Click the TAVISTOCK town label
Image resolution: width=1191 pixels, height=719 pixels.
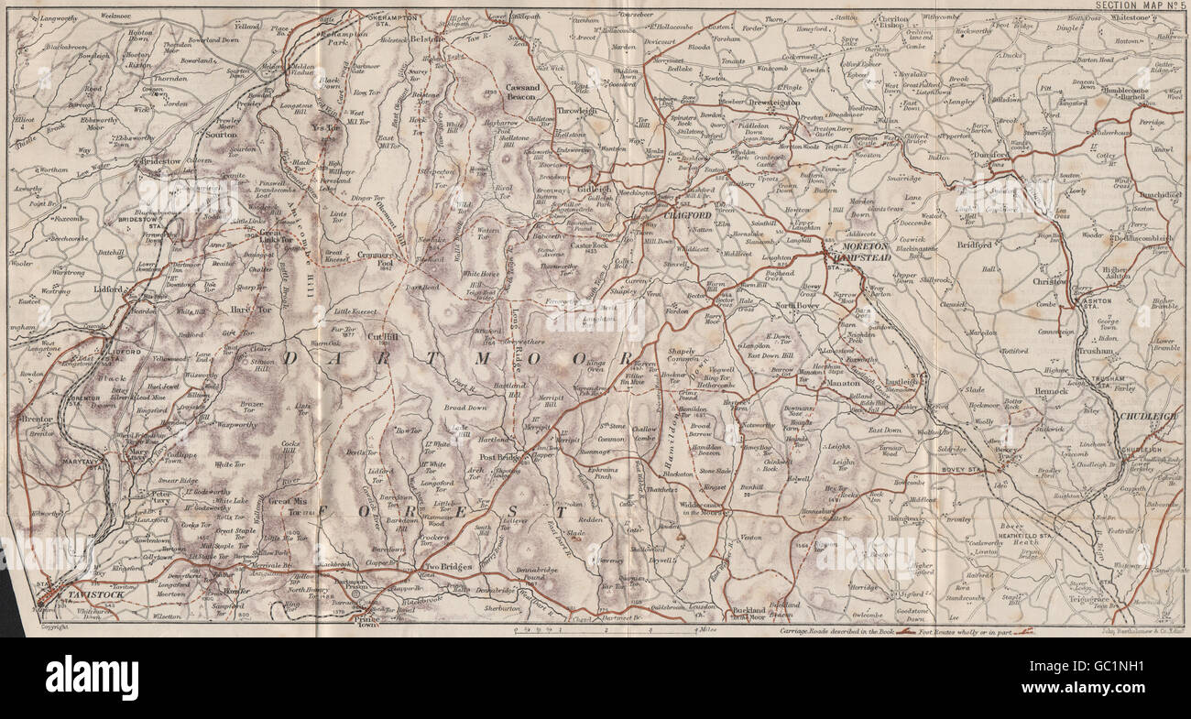pos(83,594)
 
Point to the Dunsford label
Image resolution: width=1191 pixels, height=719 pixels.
pos(986,155)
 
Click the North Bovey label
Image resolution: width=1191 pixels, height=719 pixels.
pos(797,306)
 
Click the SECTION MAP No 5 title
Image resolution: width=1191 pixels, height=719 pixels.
pos(1136,5)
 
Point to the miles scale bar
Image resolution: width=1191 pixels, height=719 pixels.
pos(605,630)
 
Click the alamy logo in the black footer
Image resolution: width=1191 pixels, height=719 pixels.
pos(92,678)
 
